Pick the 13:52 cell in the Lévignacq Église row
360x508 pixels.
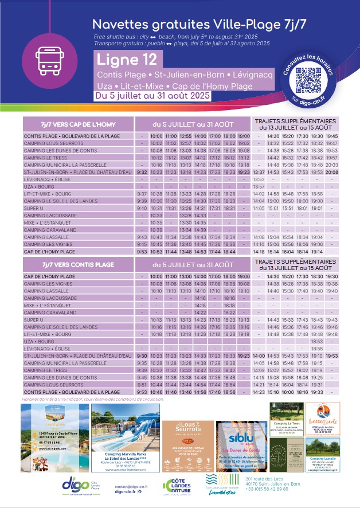click(x=259, y=179)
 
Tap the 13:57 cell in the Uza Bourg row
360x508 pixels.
click(x=259, y=187)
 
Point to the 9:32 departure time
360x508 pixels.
click(x=142, y=172)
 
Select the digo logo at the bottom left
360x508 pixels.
click(x=76, y=484)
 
